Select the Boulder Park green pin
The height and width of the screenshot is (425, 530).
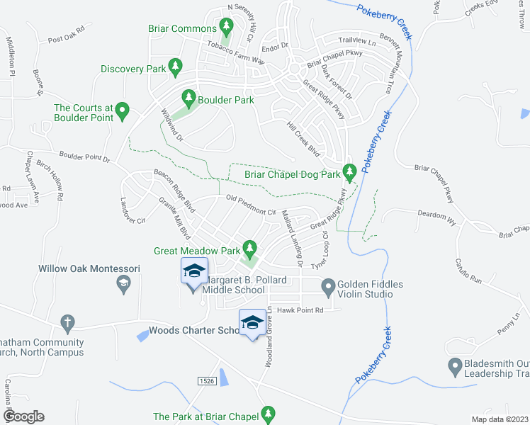point(188,97)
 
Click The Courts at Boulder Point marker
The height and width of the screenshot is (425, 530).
point(122,109)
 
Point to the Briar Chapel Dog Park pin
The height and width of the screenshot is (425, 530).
point(349,171)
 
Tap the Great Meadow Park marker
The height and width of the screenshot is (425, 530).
point(249,248)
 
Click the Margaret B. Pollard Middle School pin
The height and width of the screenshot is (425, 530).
point(193,271)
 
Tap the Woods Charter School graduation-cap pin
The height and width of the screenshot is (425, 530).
point(252,322)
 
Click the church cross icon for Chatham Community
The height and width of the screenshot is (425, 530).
point(67,322)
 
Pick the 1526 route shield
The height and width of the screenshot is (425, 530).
point(205,380)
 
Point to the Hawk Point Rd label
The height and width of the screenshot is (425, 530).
point(300,310)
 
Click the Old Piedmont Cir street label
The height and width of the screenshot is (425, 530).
point(250,205)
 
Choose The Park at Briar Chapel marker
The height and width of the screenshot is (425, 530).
point(268,412)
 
